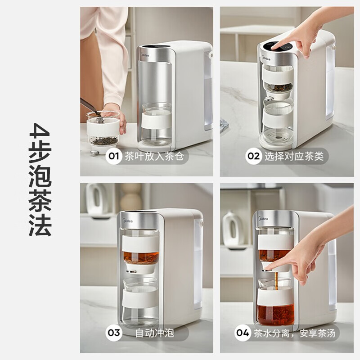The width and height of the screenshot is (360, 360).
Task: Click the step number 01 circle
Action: [114, 156]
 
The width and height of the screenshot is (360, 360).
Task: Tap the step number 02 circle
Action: [253, 156]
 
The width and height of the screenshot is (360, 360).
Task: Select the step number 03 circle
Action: [114, 333]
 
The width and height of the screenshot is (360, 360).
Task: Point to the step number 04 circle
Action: [243, 333]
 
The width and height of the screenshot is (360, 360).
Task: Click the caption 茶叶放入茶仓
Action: [154, 156]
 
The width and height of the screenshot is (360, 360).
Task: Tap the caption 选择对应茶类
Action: [294, 156]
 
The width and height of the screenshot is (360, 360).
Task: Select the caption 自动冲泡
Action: [154, 333]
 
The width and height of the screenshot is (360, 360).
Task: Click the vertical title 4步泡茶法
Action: [40, 180]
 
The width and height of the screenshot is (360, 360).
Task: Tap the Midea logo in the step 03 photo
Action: [128, 221]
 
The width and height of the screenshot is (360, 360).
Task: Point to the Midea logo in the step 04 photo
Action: [263, 218]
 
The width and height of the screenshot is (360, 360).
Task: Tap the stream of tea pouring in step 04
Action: [276, 280]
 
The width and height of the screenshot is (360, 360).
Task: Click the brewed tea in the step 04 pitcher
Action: [276, 314]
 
